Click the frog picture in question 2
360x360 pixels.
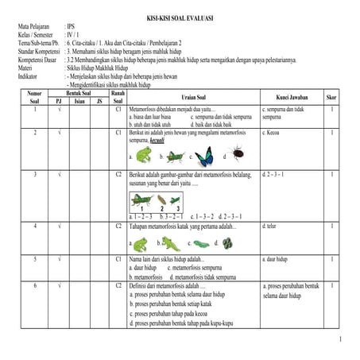[144, 153]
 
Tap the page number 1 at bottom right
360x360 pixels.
[339, 340]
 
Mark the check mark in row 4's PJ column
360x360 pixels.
[60, 226]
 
